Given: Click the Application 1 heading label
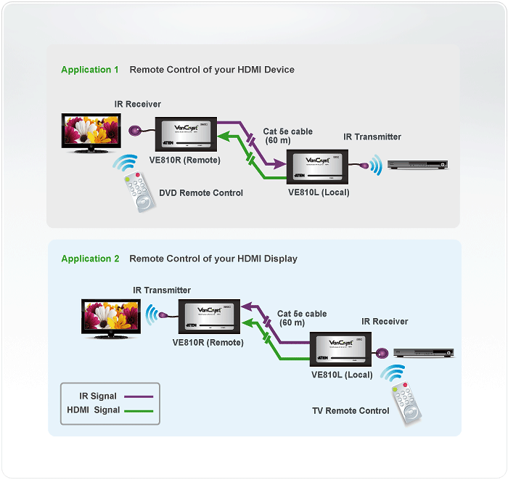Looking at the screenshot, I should coord(90,70).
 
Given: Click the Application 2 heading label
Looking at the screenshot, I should coord(90,259).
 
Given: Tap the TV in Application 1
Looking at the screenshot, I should coord(89,131).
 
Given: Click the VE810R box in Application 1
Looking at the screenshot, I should coord(184,133).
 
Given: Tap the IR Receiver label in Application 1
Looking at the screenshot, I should coord(137,105).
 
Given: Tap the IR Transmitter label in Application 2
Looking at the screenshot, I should coord(162,290).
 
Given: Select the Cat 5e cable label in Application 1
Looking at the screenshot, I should coord(287,131).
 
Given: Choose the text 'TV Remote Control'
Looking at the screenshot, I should coord(351,411).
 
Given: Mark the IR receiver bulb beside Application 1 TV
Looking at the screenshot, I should coord(136,132).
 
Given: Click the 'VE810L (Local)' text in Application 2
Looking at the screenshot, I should coord(341,375).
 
